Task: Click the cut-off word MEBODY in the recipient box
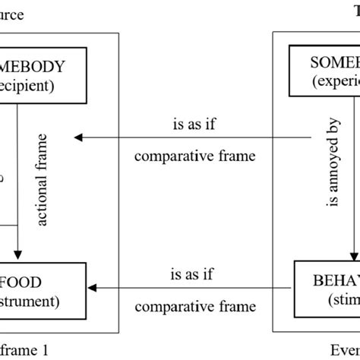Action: click(43, 66)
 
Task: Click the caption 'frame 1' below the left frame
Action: click(24, 351)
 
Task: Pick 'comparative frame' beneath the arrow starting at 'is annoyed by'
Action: click(194, 157)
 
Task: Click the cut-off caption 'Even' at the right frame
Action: click(345, 351)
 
